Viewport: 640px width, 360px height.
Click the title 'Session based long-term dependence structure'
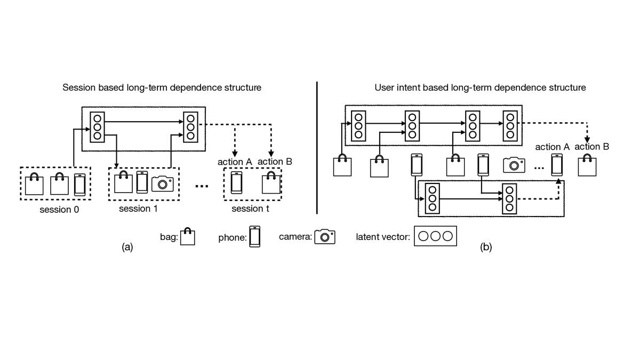162,87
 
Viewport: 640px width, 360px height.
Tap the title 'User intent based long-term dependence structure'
480,87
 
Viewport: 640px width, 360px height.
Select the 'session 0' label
58,209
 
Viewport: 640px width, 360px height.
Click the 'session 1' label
138,209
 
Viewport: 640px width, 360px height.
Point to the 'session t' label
250,209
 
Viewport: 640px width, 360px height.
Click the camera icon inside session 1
163,183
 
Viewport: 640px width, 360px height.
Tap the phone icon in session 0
79,185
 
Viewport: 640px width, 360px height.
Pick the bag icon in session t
271,183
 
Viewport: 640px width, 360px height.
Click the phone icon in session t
236,182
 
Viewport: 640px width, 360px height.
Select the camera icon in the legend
324,237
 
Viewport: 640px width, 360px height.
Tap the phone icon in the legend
255,236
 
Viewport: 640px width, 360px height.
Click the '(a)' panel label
127,247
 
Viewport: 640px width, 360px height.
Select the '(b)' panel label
486,247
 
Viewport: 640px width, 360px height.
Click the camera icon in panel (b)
514,165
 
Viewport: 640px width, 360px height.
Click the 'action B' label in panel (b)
591,147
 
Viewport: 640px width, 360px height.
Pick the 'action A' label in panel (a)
235,162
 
